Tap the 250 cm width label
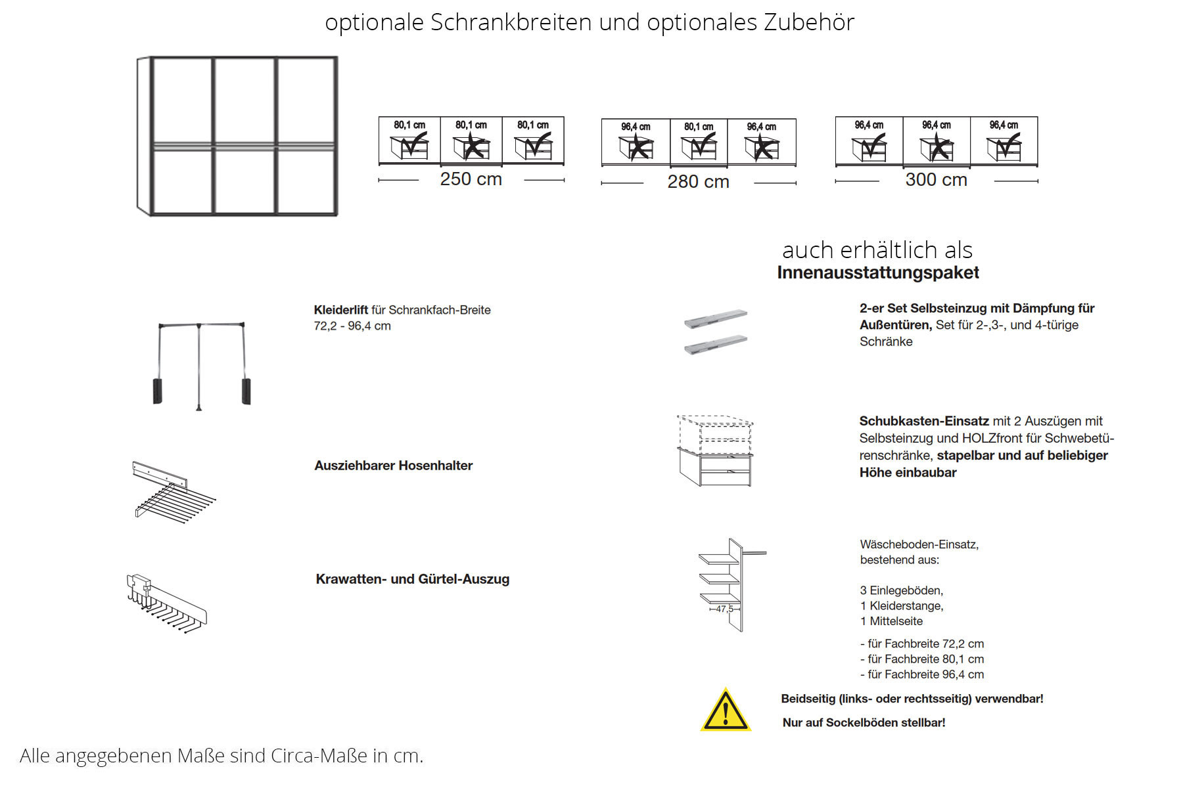[471, 179]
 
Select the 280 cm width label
[698, 182]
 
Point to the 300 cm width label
[936, 180]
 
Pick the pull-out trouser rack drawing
[173, 491]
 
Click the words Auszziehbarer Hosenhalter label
[393, 466]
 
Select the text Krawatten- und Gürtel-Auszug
[412, 579]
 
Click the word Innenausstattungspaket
[877, 273]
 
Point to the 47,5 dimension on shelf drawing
[724, 609]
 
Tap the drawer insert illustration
[715, 450]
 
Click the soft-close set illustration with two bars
[715, 332]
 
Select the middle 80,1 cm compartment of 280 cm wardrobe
[699, 142]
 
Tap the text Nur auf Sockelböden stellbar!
[864, 722]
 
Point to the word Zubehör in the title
[808, 22]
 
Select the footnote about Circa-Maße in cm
[221, 756]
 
